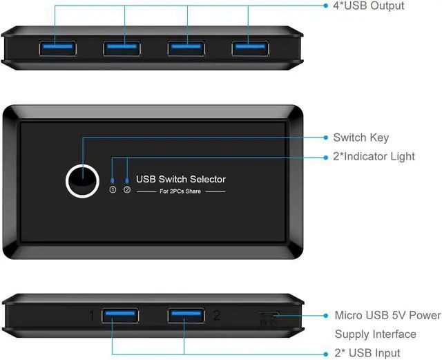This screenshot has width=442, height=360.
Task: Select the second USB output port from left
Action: (x=122, y=48)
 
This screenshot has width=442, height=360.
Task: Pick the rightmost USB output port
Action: (x=251, y=48)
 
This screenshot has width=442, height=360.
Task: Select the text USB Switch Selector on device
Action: (x=181, y=179)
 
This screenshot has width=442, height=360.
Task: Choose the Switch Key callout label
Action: (x=361, y=138)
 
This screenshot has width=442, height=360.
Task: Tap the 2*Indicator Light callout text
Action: (x=374, y=156)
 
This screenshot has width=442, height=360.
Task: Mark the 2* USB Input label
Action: (x=367, y=353)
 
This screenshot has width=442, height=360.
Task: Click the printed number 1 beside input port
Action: (x=90, y=316)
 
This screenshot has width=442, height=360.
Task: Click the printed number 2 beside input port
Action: (x=216, y=315)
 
